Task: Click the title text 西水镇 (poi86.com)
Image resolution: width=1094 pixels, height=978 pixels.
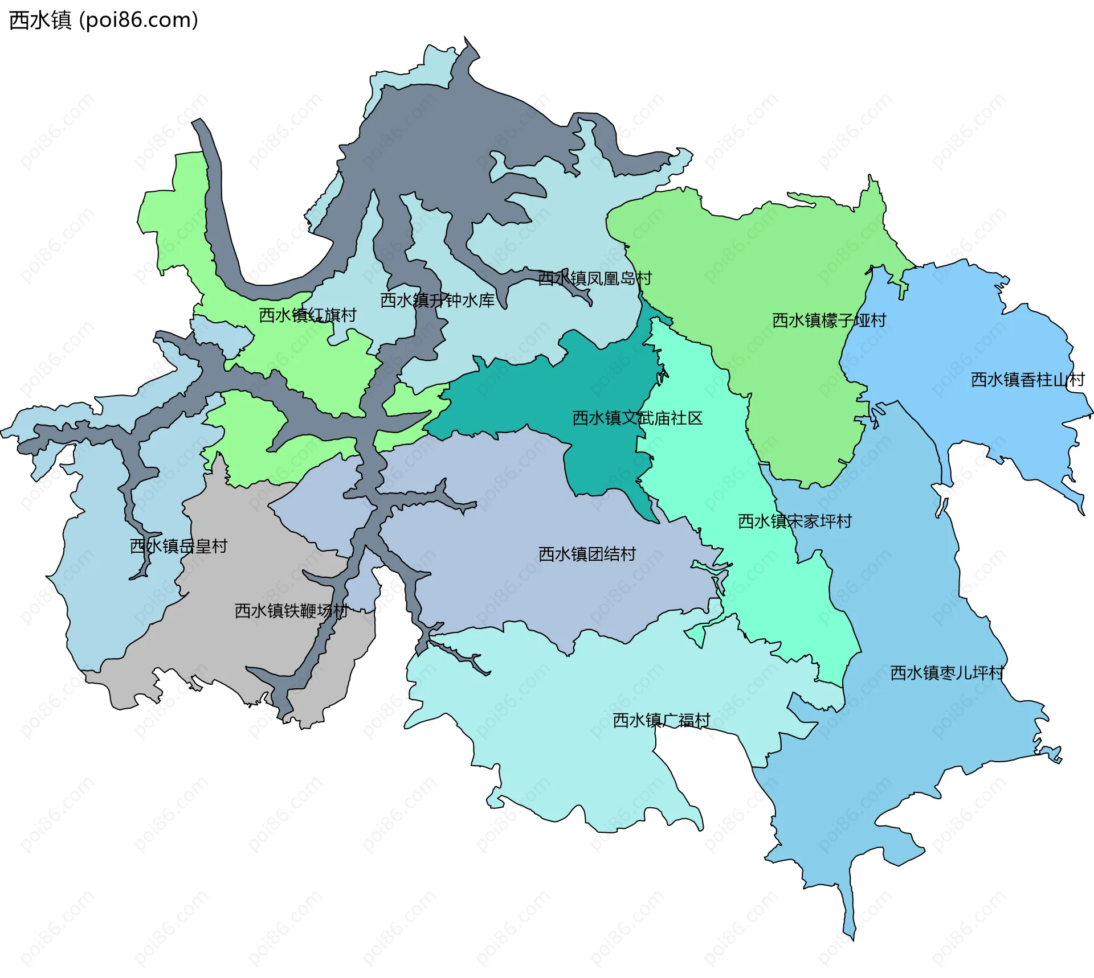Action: pos(104,20)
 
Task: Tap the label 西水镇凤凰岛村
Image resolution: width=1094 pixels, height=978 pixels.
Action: pos(595,278)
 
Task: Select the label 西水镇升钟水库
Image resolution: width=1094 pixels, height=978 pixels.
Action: pos(437,301)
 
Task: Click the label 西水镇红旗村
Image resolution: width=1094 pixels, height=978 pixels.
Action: pos(308,315)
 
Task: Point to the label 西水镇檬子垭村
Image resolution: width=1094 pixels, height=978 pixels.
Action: pos(829,320)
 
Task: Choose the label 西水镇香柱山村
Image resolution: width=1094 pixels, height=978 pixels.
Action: pos(1027,380)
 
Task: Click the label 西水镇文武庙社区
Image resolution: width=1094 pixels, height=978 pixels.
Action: pos(637,418)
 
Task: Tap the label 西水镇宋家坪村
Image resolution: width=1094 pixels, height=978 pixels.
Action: pos(794,521)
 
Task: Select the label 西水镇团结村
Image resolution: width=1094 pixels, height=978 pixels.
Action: pos(587,554)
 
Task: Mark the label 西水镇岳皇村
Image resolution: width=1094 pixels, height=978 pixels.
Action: pos(178,546)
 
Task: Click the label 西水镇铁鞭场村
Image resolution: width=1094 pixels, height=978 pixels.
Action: pos(291,611)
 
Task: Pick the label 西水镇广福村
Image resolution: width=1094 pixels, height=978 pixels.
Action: pos(661,721)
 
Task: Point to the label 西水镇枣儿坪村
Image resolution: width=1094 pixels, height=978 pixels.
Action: pos(946,673)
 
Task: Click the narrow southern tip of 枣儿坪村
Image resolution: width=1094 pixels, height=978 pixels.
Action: pos(851,922)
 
